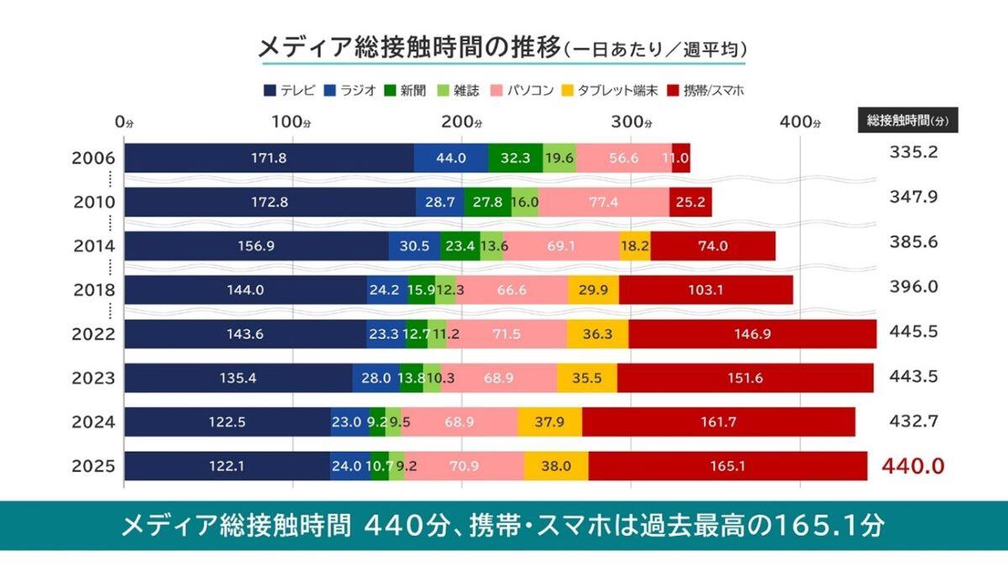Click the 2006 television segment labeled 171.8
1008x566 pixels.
tap(269, 158)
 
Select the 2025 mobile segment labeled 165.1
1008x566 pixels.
tap(727, 467)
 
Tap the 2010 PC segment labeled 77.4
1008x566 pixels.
tap(603, 202)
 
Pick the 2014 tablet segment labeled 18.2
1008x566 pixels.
tap(634, 247)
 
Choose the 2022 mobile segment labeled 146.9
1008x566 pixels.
tap(752, 334)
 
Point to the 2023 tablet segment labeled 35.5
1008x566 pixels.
tap(586, 378)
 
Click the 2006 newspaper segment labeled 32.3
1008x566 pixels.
tap(515, 158)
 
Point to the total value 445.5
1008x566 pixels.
tap(913, 331)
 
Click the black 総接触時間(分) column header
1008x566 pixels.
tap(907, 119)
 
